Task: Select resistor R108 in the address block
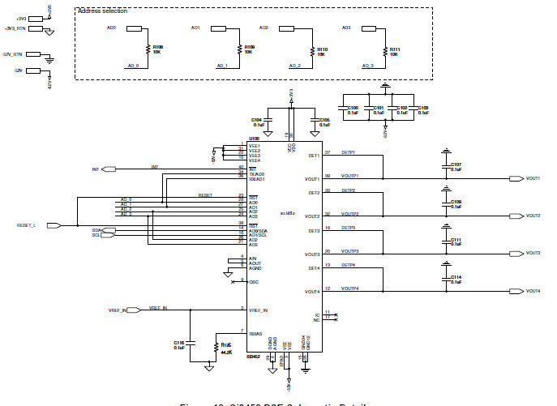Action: [149, 50]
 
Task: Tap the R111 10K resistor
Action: [385, 50]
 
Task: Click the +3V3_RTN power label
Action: [15, 28]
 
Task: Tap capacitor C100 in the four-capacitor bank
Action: [353, 109]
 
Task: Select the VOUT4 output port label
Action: [533, 291]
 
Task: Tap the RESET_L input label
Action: [27, 225]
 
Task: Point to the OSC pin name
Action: [253, 281]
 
